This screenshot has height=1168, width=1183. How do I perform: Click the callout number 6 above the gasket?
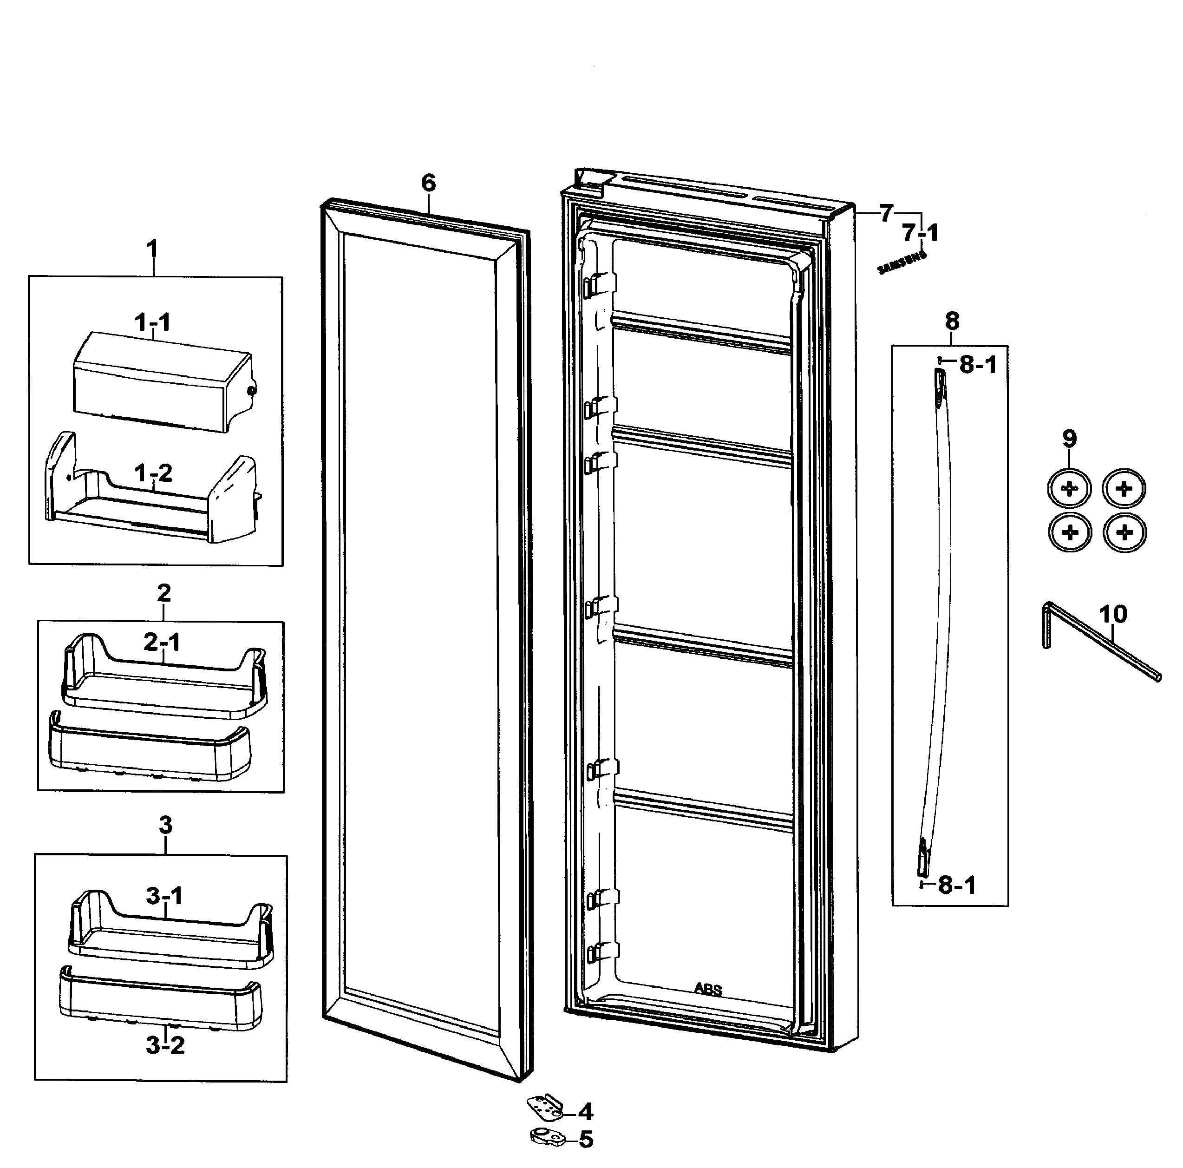pos(428,183)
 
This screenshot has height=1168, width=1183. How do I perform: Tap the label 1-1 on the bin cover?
pos(152,322)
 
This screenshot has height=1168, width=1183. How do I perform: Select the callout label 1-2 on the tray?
pos(153,473)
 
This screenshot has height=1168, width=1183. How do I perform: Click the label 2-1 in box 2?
pos(162,642)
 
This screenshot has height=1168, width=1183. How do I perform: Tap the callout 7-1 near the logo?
pos(920,233)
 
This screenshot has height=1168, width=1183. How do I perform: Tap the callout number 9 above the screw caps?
pos(1068,439)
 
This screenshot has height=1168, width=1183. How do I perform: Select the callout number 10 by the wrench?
pos(1112,614)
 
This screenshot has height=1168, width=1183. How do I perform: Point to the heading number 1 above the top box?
pos(152,249)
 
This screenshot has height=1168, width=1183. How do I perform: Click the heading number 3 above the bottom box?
pos(165,825)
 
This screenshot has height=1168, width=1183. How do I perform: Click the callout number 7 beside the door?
pos(886,213)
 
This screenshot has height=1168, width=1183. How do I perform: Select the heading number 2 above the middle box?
pos(163,593)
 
